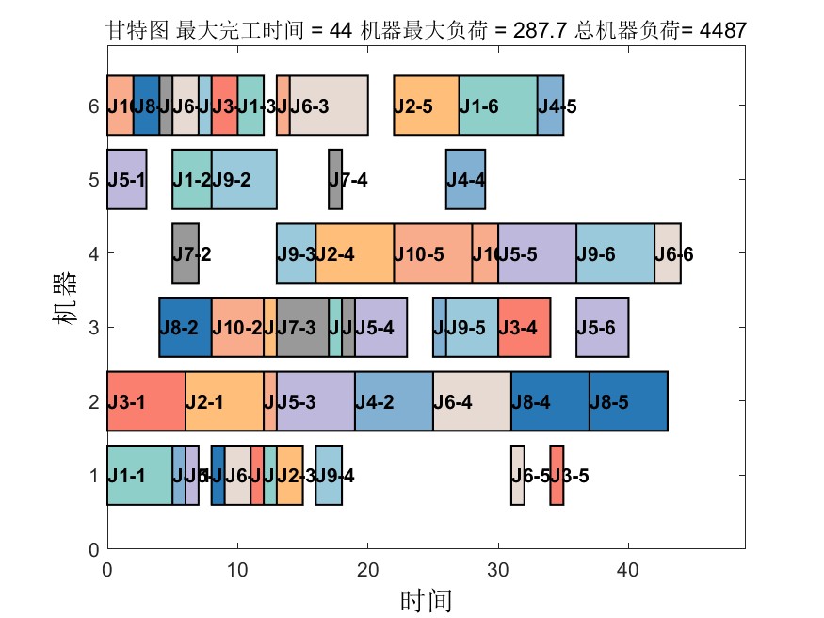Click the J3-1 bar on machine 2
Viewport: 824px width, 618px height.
point(146,401)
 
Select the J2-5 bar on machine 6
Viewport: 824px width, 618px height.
point(426,106)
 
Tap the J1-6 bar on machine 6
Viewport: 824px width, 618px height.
point(497,106)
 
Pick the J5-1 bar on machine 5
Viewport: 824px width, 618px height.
point(126,179)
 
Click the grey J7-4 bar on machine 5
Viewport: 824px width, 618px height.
point(334,179)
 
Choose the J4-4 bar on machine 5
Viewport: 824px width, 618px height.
point(465,179)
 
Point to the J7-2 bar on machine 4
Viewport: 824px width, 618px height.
point(185,253)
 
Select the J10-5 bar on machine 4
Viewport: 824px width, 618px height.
point(432,253)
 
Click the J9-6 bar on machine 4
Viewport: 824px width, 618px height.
point(615,253)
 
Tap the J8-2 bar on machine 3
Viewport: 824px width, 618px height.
point(185,327)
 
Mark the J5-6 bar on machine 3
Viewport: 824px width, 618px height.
point(602,327)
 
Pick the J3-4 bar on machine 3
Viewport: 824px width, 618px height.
point(524,327)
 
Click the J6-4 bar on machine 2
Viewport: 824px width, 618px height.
point(472,401)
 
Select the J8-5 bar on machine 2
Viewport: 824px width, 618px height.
point(628,401)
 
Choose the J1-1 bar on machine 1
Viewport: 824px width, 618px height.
point(139,475)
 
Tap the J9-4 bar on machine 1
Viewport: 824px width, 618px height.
point(329,475)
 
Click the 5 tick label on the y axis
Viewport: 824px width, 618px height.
point(93,179)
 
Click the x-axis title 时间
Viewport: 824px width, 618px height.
point(426,600)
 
